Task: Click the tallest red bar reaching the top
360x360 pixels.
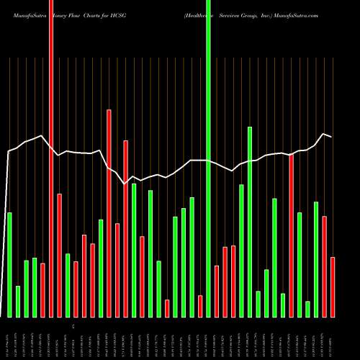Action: click(50, 158)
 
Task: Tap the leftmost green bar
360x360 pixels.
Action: click(9, 264)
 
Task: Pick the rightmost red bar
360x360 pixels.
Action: click(333, 287)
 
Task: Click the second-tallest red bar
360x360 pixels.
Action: click(109, 213)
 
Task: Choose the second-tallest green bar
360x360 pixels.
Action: click(250, 222)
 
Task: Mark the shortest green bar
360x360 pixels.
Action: click(307, 309)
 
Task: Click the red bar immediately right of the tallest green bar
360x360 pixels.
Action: click(217, 291)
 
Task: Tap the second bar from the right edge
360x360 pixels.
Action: click(325, 266)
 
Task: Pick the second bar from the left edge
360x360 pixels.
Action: click(18, 301)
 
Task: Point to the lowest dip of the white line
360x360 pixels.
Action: click(125, 184)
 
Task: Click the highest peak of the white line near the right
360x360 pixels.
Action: click(324, 134)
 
